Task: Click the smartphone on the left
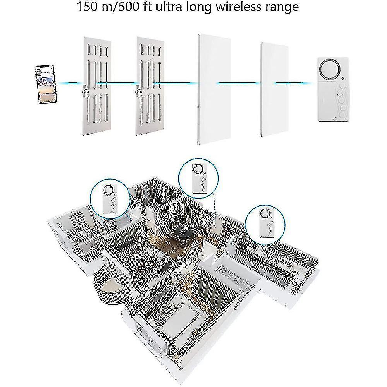(46, 84)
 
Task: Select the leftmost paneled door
(96, 86)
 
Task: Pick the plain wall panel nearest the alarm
(274, 89)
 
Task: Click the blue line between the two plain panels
(238, 84)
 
